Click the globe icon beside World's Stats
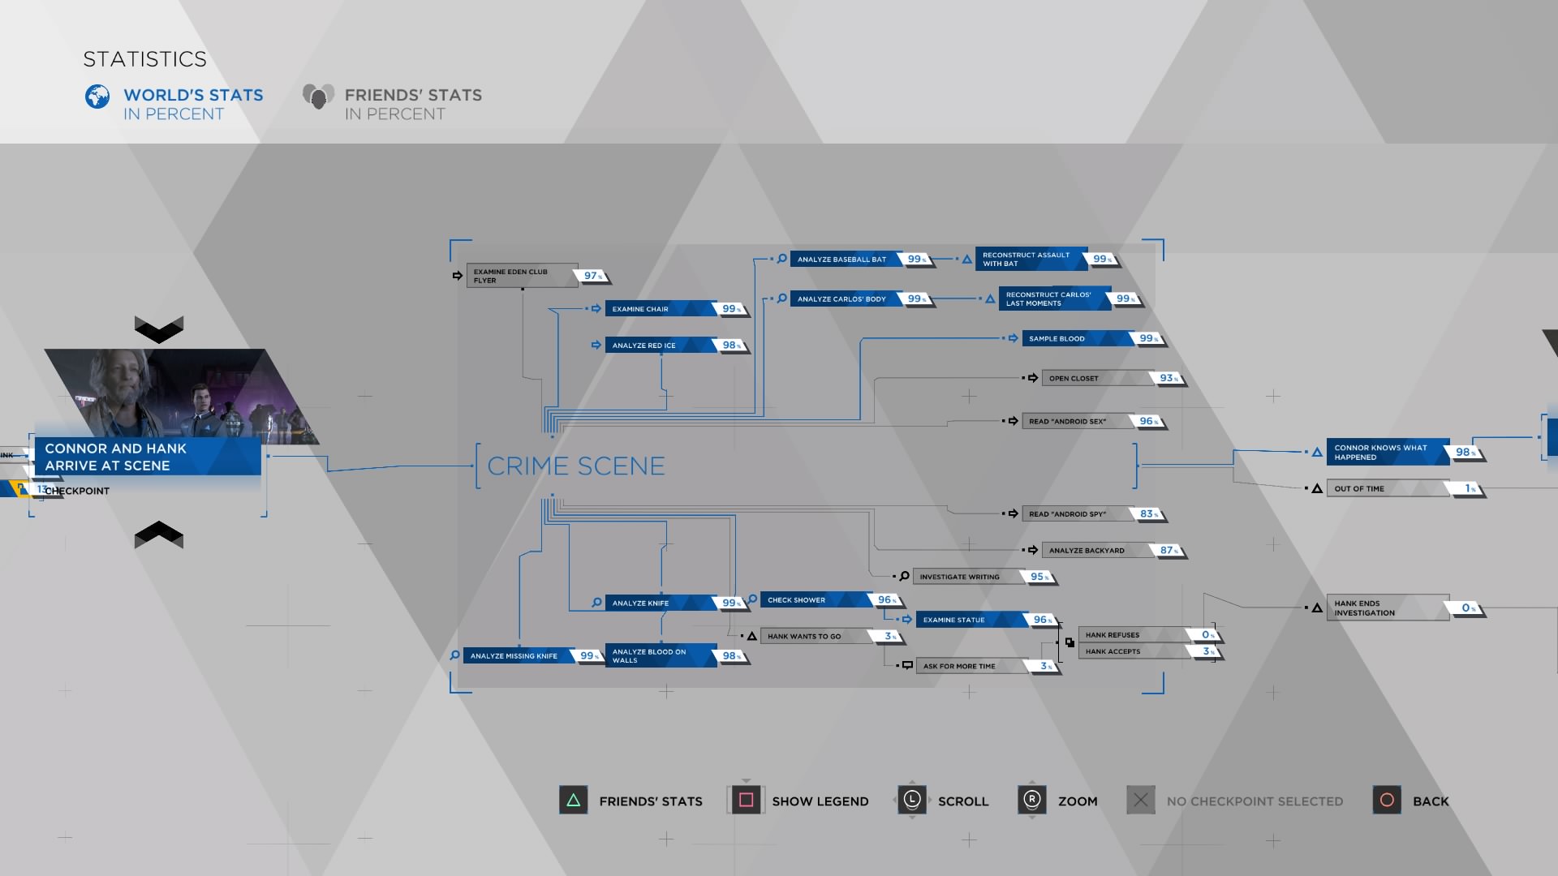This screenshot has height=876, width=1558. tap(97, 97)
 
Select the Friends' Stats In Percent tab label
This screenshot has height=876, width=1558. tap(412, 105)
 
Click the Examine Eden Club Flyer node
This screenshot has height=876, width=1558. tap(521, 276)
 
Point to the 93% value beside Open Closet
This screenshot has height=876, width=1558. tap(1167, 379)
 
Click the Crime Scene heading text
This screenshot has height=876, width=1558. tap(575, 466)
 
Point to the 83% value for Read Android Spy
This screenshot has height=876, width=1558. tap(1147, 514)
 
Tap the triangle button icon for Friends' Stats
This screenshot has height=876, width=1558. tap(573, 801)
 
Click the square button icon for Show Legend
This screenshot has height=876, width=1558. tap(746, 801)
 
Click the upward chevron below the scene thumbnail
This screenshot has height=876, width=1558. tap(159, 534)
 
